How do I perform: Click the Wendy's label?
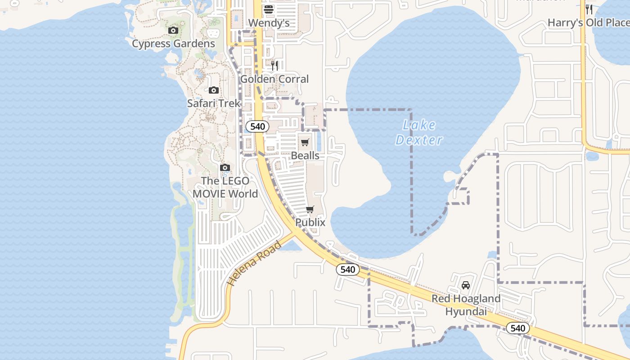coord(269,23)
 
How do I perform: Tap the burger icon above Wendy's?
coord(269,9)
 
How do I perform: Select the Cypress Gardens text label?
coord(173,44)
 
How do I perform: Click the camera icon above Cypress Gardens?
coord(173,31)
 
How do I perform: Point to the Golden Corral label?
coord(274,79)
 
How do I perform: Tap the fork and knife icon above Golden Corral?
coord(274,66)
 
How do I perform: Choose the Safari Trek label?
coord(214,103)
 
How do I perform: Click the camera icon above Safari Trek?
coord(214,90)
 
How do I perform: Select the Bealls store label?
coord(305,156)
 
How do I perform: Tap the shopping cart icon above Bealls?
coord(305,143)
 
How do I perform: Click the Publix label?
coord(310,222)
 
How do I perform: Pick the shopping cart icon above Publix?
coord(310,210)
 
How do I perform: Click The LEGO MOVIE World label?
coord(225,187)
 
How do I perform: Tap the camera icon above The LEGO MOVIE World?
coord(225,168)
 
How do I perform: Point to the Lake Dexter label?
coord(419,132)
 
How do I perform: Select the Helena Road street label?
coord(254,264)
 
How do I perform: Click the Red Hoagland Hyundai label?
coord(466,305)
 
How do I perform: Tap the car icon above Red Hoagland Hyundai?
coord(466,285)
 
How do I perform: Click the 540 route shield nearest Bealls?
coord(257,126)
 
